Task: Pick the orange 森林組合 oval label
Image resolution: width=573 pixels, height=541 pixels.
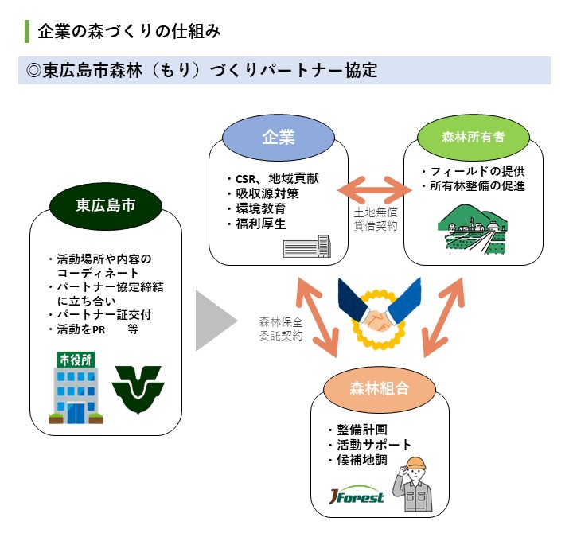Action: click(x=379, y=388)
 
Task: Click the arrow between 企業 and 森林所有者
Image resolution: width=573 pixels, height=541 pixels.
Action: click(x=372, y=191)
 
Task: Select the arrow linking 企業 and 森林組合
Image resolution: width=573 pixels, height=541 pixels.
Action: click(x=318, y=314)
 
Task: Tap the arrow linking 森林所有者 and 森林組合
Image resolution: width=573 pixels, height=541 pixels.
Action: click(x=442, y=315)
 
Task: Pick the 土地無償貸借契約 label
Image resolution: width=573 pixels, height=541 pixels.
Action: click(x=376, y=220)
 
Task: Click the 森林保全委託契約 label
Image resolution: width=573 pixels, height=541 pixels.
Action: click(x=280, y=329)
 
